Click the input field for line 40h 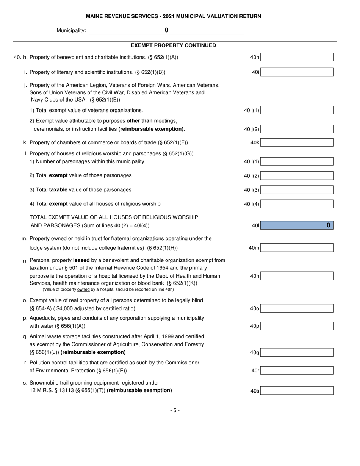[x=297, y=57]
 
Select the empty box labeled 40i [x=297, y=72]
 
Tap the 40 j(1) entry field [x=297, y=110]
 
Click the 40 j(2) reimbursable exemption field [x=297, y=129]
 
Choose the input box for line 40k [x=297, y=142]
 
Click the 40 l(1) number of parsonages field [x=297, y=161]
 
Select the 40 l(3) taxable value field [x=297, y=190]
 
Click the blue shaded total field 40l [x=297, y=225]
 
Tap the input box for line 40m [x=297, y=248]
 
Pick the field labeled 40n [x=297, y=276]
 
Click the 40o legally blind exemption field [x=297, y=308]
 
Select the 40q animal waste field [x=297, y=352]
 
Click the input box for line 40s [x=297, y=391]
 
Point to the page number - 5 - [x=175, y=410]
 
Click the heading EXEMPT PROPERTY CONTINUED [x=173, y=45]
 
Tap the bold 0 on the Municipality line [x=166, y=30]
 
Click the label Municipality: [x=71, y=31]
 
